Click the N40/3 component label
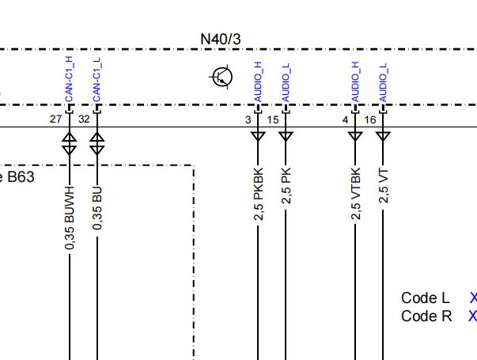(x=221, y=40)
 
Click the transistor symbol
(x=221, y=77)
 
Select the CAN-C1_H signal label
(x=69, y=79)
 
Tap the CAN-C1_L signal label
(x=97, y=80)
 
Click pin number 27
(x=55, y=119)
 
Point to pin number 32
(x=84, y=119)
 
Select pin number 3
(x=248, y=120)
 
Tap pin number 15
(x=273, y=120)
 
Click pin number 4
(x=345, y=120)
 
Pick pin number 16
(x=370, y=120)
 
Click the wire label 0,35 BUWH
(x=70, y=218)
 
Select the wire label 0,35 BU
(x=97, y=208)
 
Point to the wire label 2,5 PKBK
(x=258, y=194)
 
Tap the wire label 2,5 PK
(x=286, y=186)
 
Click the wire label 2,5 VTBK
(x=355, y=193)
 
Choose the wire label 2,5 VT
(x=383, y=186)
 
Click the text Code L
(x=426, y=298)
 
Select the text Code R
(x=426, y=316)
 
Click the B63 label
(x=21, y=177)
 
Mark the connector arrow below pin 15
(x=286, y=136)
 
